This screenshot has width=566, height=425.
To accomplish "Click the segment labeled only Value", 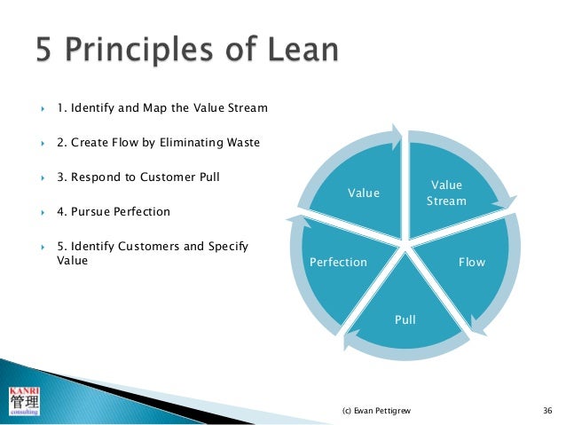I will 363,193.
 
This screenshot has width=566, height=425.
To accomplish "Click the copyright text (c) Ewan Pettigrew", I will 373,411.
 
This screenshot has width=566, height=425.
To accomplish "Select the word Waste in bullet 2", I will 241,143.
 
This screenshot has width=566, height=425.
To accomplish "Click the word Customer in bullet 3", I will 162,177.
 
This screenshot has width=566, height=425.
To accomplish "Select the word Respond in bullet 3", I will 93,177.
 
